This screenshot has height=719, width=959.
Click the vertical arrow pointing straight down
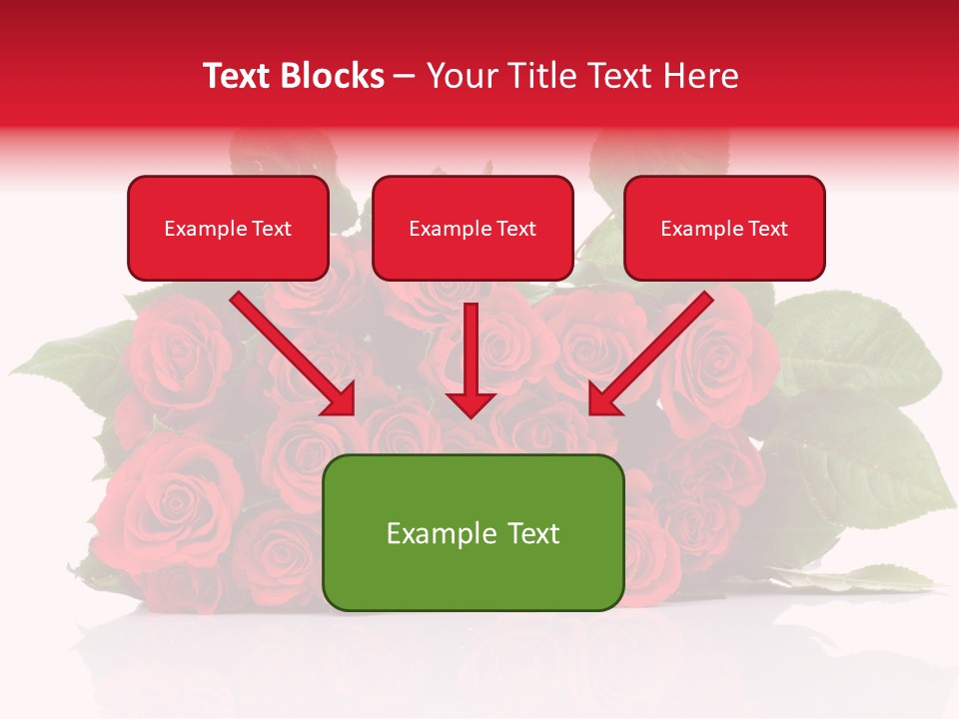pyautogui.click(x=471, y=359)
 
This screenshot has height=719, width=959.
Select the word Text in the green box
pyautogui.click(x=530, y=533)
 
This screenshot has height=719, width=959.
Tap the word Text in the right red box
pyautogui.click(x=768, y=229)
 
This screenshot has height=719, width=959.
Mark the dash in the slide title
pyautogui.click(x=406, y=77)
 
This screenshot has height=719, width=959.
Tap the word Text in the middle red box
pyautogui.click(x=516, y=229)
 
